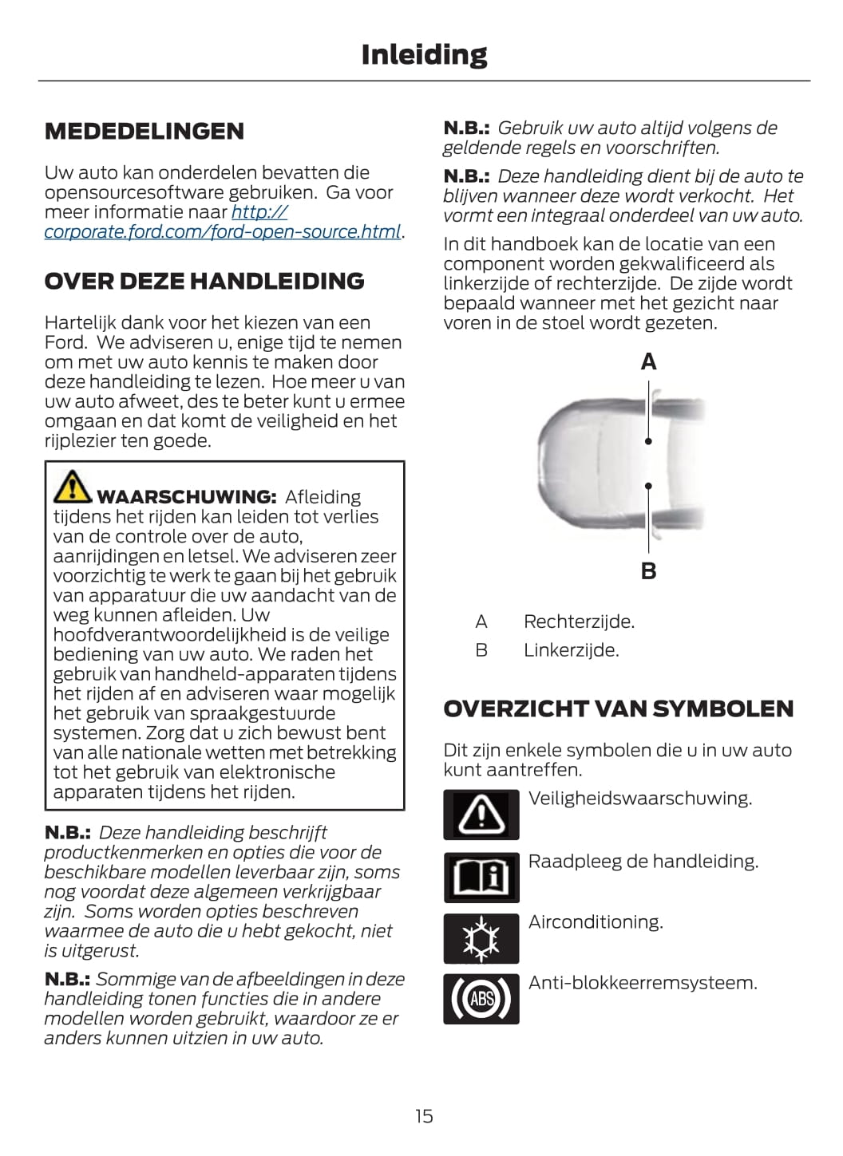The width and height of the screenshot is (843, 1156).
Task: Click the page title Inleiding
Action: (x=424, y=54)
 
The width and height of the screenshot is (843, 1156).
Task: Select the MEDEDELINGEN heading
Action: (x=144, y=132)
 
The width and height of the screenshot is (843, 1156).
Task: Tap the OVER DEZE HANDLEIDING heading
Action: (x=204, y=281)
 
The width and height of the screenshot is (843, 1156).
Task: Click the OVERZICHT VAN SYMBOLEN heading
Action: (x=619, y=708)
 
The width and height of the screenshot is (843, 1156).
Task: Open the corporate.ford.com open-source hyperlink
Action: (x=222, y=231)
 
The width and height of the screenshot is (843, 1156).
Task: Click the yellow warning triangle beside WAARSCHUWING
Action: (x=73, y=487)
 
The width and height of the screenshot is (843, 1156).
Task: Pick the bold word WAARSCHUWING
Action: (x=186, y=497)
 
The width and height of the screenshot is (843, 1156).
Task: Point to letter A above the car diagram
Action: (x=648, y=362)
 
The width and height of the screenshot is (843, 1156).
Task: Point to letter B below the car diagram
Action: (x=648, y=571)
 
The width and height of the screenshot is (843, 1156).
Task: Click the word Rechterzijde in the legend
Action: (x=579, y=621)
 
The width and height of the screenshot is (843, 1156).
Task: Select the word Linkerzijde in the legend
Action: (x=571, y=650)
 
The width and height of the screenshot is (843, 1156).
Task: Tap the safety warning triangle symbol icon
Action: (x=481, y=815)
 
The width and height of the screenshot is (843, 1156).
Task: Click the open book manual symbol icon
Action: (x=481, y=877)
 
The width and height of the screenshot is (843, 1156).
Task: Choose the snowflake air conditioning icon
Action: (x=481, y=938)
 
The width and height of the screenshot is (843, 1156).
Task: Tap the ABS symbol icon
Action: (x=481, y=999)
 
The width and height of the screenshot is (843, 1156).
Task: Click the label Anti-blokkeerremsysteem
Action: (x=643, y=983)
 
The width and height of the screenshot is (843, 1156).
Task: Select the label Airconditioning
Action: (x=596, y=922)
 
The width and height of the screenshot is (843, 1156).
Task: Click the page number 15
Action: (x=424, y=1116)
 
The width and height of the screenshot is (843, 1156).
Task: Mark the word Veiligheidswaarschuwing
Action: (x=640, y=799)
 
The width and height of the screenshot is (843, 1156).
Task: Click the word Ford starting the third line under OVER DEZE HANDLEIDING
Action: (x=64, y=342)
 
